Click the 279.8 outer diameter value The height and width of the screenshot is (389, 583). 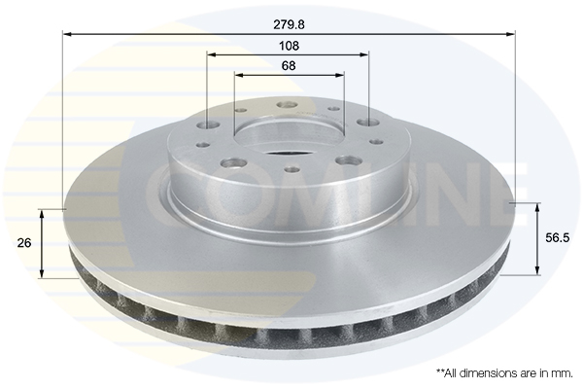point(289,24)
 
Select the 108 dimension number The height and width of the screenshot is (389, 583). point(289,46)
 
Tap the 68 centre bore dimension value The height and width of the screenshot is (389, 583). point(289,65)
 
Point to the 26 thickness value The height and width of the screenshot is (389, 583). point(24,243)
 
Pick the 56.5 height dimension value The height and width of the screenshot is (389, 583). point(558,238)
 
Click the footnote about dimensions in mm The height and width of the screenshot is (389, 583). point(504,373)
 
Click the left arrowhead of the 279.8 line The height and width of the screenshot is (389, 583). point(68,34)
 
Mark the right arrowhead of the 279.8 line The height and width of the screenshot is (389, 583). point(511,34)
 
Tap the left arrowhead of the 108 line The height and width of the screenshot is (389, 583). point(212,54)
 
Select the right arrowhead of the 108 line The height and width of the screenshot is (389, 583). point(364,54)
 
